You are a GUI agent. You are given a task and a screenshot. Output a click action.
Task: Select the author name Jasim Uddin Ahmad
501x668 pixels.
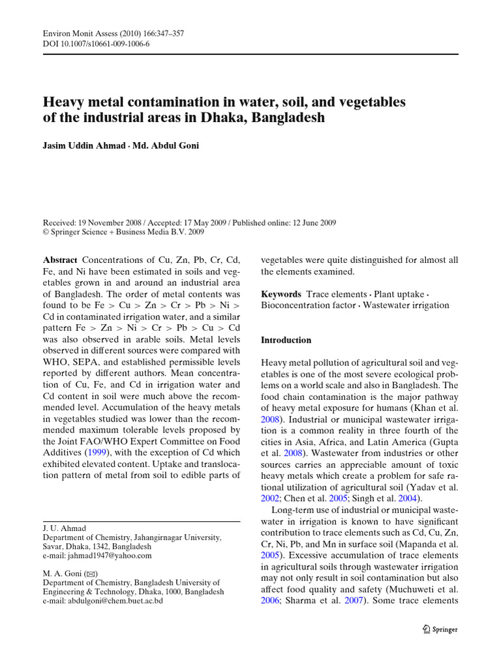[x=82, y=145]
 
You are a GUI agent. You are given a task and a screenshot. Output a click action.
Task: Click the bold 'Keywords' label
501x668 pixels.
[x=281, y=294]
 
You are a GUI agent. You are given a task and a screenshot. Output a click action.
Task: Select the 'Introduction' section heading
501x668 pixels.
[x=286, y=340]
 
